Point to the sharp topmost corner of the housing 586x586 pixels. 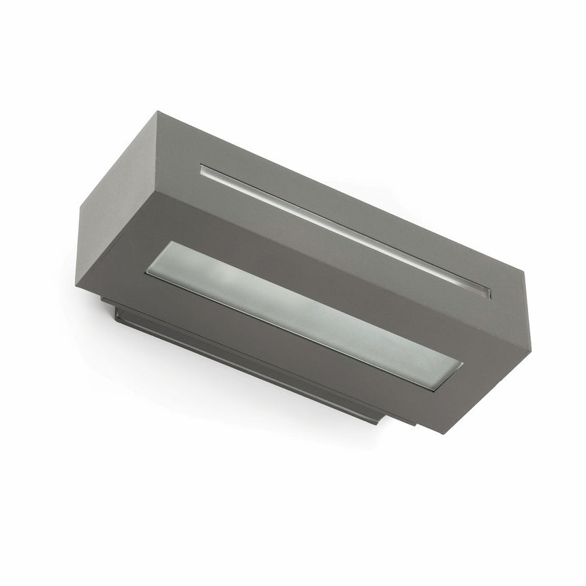(x=158, y=112)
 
